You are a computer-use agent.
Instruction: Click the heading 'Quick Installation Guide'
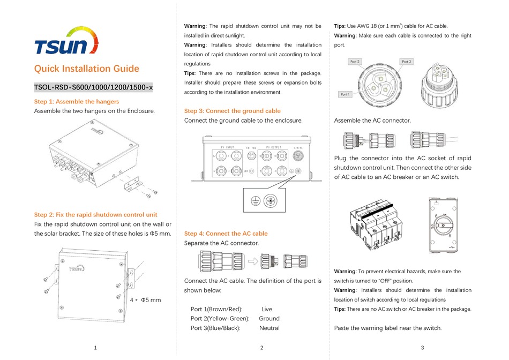coord(86,69)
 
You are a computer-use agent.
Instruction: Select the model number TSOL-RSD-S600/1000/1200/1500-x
coord(93,87)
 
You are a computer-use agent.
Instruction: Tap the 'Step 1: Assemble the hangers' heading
coord(77,101)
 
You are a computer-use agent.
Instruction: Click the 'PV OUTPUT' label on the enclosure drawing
coord(273,146)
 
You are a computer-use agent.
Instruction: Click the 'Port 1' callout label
coord(346,94)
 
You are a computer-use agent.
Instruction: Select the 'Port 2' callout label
coord(355,62)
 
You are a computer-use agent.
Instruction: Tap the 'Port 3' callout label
coord(406,62)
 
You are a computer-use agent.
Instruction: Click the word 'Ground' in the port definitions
coord(269,318)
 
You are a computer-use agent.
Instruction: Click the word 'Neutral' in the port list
coord(269,328)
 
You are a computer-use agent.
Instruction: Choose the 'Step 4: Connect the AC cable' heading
coord(226,234)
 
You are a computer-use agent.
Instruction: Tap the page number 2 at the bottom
coord(261,348)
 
